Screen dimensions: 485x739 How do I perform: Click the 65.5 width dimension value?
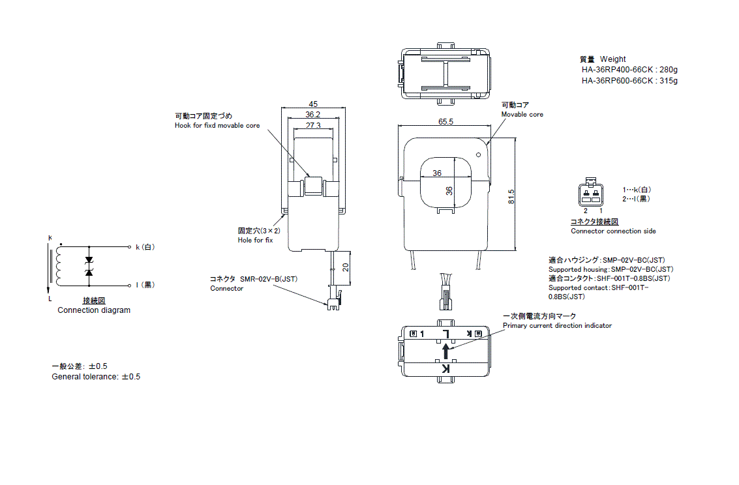[x=446, y=122]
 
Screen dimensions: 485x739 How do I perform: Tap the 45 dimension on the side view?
[x=313, y=104]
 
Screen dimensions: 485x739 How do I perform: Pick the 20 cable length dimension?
[x=346, y=267]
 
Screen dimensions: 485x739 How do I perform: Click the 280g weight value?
[x=669, y=69]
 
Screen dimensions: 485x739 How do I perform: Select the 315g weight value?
[x=669, y=81]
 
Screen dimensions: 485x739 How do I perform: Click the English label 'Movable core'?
[x=522, y=115]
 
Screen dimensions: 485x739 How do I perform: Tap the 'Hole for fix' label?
[x=255, y=241]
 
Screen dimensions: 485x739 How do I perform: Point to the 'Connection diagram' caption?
[x=94, y=310]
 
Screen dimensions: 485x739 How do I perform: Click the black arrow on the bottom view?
[x=446, y=351]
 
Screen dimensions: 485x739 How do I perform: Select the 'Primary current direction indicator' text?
[x=557, y=326]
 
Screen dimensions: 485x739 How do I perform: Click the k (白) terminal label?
[x=145, y=248]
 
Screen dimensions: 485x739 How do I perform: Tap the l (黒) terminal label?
[x=145, y=285]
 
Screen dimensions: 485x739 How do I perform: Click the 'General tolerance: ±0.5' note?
[x=96, y=377]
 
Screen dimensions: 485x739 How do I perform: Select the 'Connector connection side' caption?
[x=613, y=231]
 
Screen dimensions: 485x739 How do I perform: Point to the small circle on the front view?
[x=479, y=155]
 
